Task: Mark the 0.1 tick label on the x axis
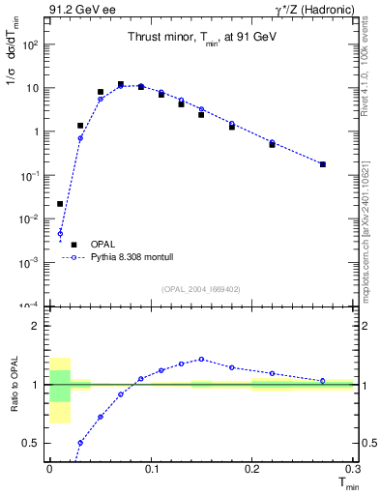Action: (150, 468)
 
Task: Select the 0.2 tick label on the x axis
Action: (251, 468)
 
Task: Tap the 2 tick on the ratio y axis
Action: (40, 326)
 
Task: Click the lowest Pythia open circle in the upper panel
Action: (60, 233)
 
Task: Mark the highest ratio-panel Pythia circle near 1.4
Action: (201, 359)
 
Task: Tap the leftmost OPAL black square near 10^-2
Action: (60, 204)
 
